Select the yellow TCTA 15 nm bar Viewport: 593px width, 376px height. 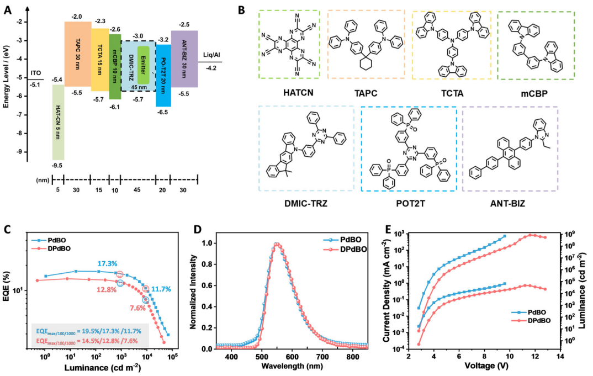pos(100,59)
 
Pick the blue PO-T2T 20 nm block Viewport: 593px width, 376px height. pos(163,75)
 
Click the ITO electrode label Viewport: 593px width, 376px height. pos(35,73)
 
